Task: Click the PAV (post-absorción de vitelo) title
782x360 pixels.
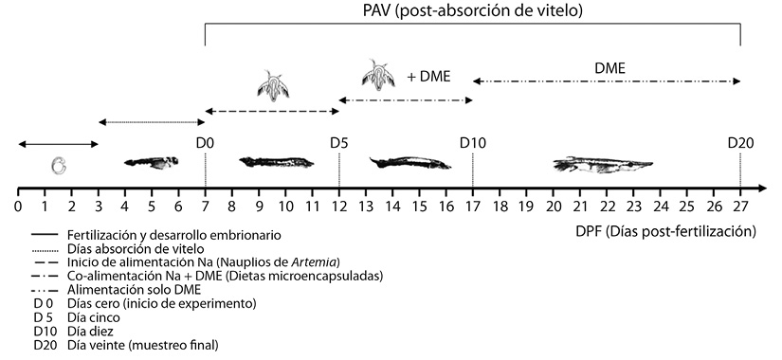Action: click(472, 10)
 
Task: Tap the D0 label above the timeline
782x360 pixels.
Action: click(205, 143)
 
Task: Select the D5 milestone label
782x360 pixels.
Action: click(339, 143)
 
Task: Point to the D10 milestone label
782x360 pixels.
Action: click(473, 143)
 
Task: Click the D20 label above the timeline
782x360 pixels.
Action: click(740, 143)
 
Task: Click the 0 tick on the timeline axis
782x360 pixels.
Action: click(18, 206)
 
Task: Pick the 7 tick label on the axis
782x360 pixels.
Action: click(205, 206)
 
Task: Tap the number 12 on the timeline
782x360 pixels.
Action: click(339, 206)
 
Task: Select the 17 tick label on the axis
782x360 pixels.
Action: click(473, 206)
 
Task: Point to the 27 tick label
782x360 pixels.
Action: click(740, 206)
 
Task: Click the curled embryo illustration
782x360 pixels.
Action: click(59, 166)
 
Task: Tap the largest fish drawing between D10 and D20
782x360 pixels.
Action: click(603, 165)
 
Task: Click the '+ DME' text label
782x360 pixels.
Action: click(428, 77)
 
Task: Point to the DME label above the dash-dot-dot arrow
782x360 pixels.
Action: click(609, 68)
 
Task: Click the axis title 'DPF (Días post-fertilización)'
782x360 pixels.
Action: click(665, 231)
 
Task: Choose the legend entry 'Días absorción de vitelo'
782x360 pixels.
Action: click(136, 248)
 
